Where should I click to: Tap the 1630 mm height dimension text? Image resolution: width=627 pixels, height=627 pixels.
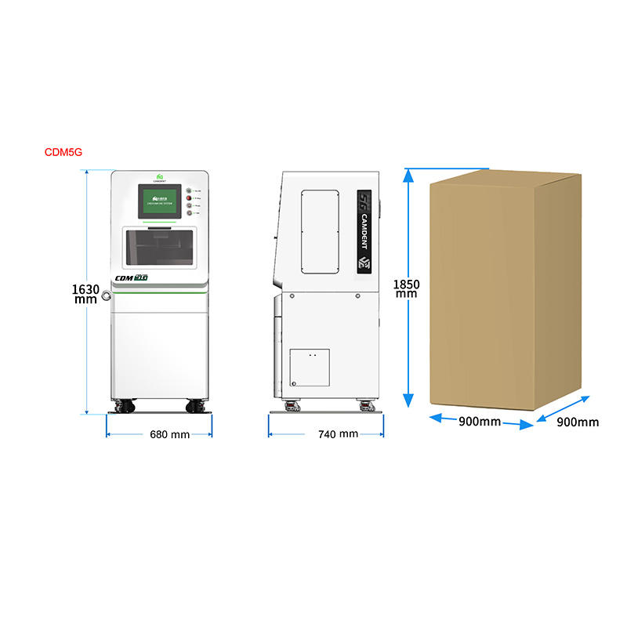[87, 294]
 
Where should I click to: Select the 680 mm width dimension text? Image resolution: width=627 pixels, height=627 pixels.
[169, 434]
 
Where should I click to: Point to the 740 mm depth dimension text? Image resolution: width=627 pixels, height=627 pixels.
[338, 434]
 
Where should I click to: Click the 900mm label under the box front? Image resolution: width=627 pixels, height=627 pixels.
[480, 422]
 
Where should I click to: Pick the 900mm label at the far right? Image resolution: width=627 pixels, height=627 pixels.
[578, 422]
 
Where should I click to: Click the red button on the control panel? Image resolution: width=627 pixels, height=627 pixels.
[189, 198]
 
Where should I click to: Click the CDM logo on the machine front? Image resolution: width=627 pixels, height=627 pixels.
[132, 277]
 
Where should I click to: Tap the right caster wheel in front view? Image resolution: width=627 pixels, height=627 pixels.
[195, 406]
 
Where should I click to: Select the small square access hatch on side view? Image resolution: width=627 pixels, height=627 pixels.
[309, 368]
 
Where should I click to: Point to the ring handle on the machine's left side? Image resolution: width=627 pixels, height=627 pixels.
[106, 295]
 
